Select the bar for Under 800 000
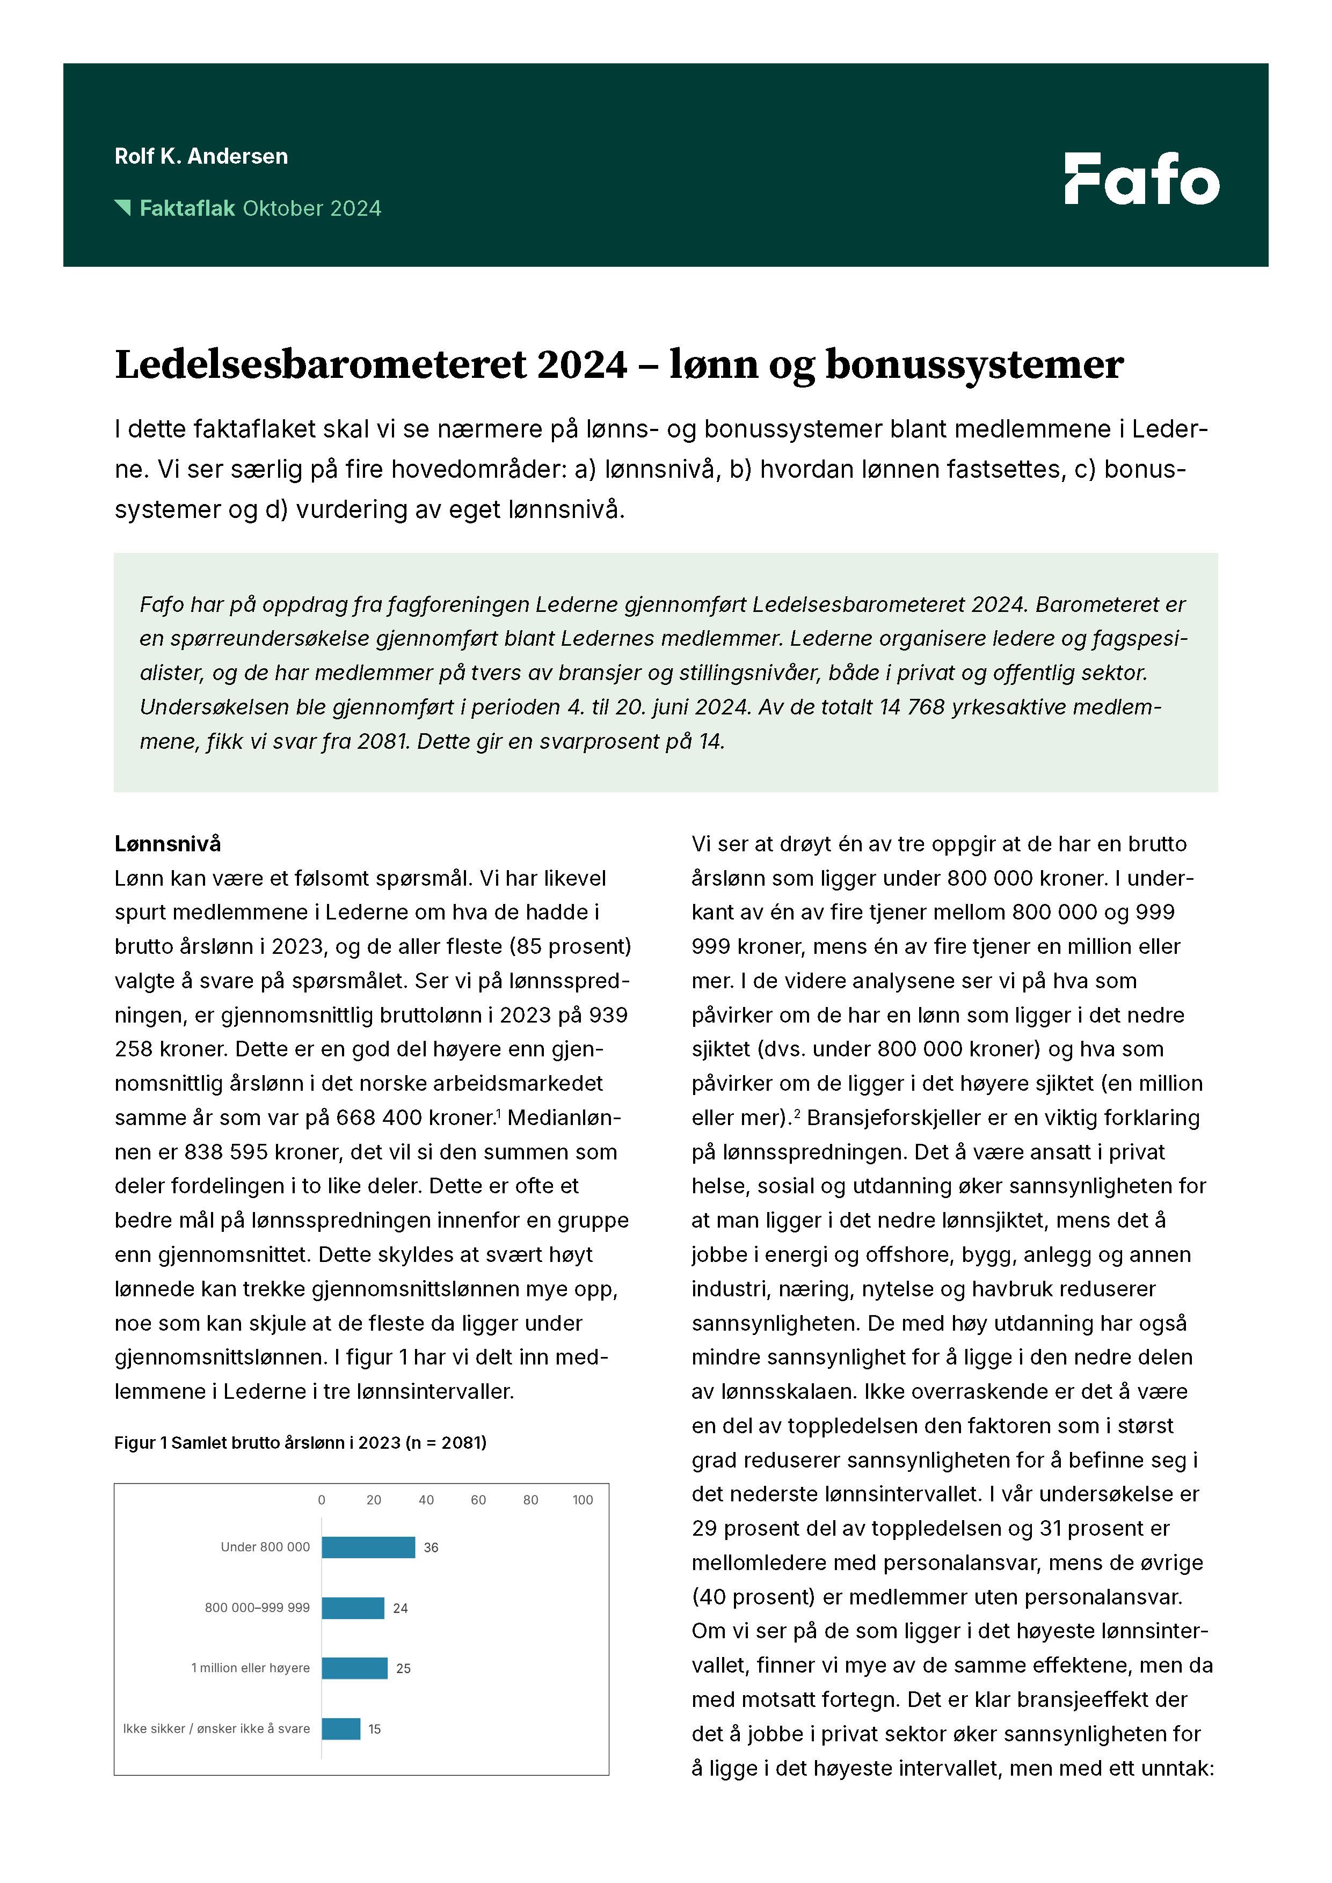(x=368, y=1547)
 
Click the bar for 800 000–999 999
(x=353, y=1608)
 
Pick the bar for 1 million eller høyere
(x=354, y=1668)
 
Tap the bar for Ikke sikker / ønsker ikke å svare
(x=340, y=1729)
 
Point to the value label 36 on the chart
(x=431, y=1548)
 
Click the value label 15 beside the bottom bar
(x=374, y=1729)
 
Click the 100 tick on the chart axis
(x=583, y=1500)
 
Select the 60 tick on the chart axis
(x=478, y=1500)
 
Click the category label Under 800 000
(x=265, y=1547)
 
